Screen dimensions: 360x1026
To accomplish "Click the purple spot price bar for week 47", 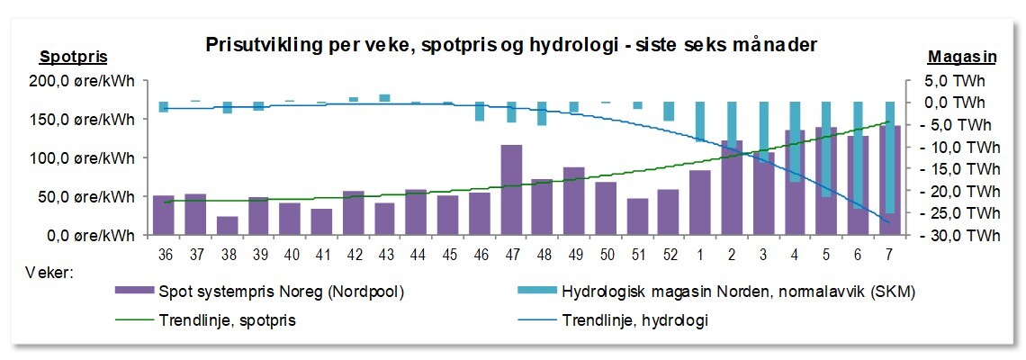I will pyautogui.click(x=511, y=190).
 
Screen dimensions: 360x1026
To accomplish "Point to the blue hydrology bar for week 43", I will pyautogui.click(x=385, y=98).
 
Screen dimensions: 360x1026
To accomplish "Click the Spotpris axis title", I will pyautogui.click(x=74, y=57).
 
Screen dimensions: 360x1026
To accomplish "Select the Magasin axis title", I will pyautogui.click(x=961, y=57).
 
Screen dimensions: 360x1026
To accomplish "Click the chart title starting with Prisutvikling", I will pyautogui.click(x=510, y=44).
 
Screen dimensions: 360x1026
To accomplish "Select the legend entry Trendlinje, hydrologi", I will pyautogui.click(x=634, y=319).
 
